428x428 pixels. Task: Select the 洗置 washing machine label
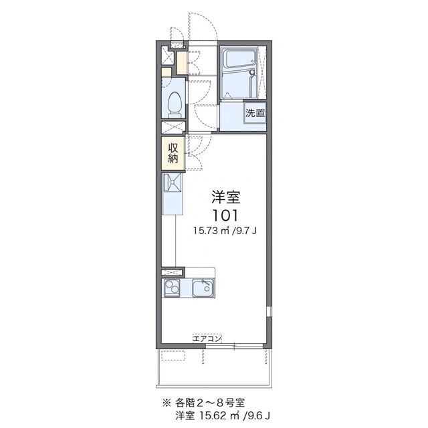coord(254,113)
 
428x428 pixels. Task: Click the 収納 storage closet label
coord(173,153)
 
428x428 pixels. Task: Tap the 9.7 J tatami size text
coord(247,231)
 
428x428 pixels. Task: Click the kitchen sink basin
coord(202,289)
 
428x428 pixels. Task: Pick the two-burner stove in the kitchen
coord(171,289)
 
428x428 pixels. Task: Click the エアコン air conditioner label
coord(207,338)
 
